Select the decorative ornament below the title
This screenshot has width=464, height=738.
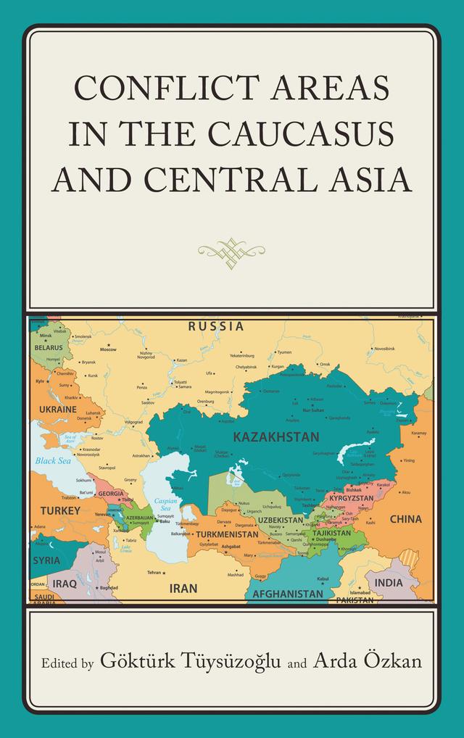[231, 249]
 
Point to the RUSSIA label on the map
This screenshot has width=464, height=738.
[216, 327]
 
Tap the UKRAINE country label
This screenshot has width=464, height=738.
[57, 410]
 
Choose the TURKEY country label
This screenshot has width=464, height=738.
[61, 510]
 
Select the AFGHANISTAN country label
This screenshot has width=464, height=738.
[287, 594]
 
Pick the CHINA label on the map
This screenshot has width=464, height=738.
[405, 519]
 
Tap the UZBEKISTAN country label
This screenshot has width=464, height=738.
[280, 521]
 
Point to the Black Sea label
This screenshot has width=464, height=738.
[52, 460]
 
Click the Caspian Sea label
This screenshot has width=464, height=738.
[165, 504]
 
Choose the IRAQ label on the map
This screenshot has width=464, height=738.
[64, 583]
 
